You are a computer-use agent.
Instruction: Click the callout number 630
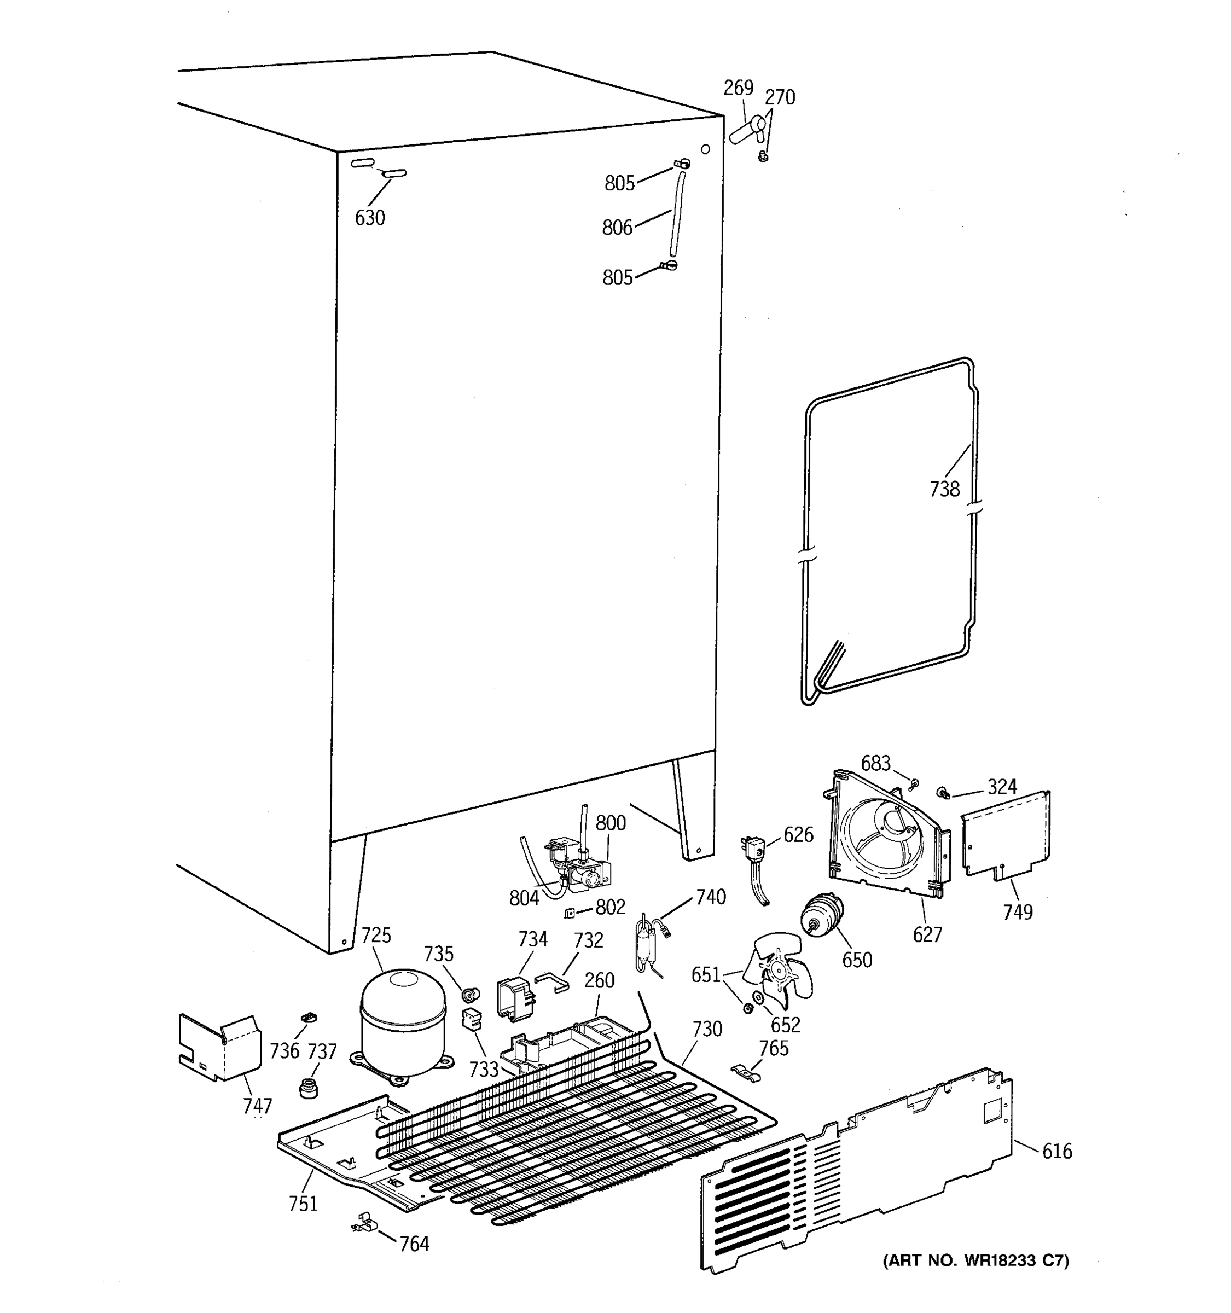coord(370,217)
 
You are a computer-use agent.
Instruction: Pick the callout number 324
coord(1002,787)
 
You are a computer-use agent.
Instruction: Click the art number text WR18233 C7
coord(975,1260)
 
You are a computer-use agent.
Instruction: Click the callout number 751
coord(303,1204)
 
